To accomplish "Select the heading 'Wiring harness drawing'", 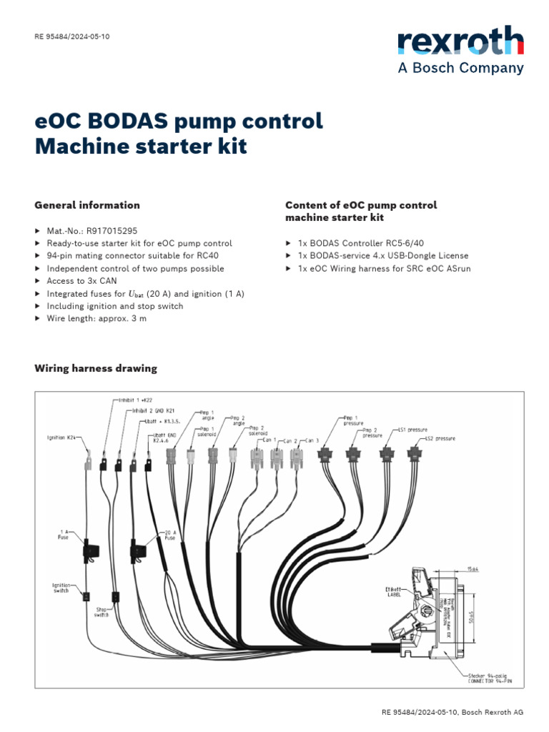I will coord(96,369).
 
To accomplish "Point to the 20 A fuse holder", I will coord(138,550).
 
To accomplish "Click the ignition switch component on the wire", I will coord(85,595).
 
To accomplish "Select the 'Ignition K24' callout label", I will coord(62,437).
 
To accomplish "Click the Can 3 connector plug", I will coord(296,459).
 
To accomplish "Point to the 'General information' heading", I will coord(87,205).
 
